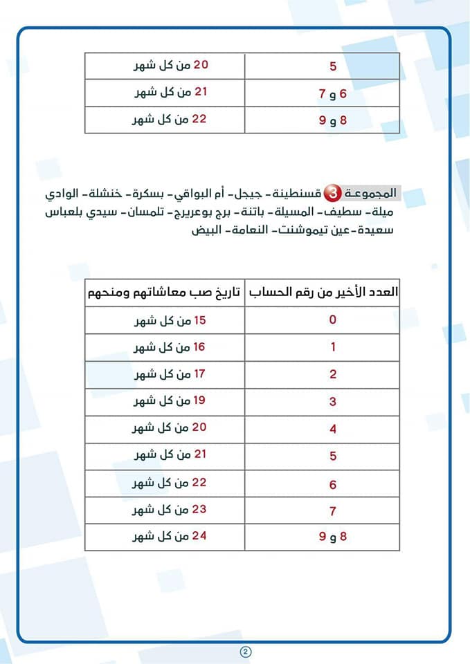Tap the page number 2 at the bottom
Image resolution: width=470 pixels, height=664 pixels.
tap(245, 652)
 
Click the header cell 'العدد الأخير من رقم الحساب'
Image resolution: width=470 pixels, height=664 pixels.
tap(323, 293)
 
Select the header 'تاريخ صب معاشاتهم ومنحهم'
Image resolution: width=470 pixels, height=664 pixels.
tap(164, 293)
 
